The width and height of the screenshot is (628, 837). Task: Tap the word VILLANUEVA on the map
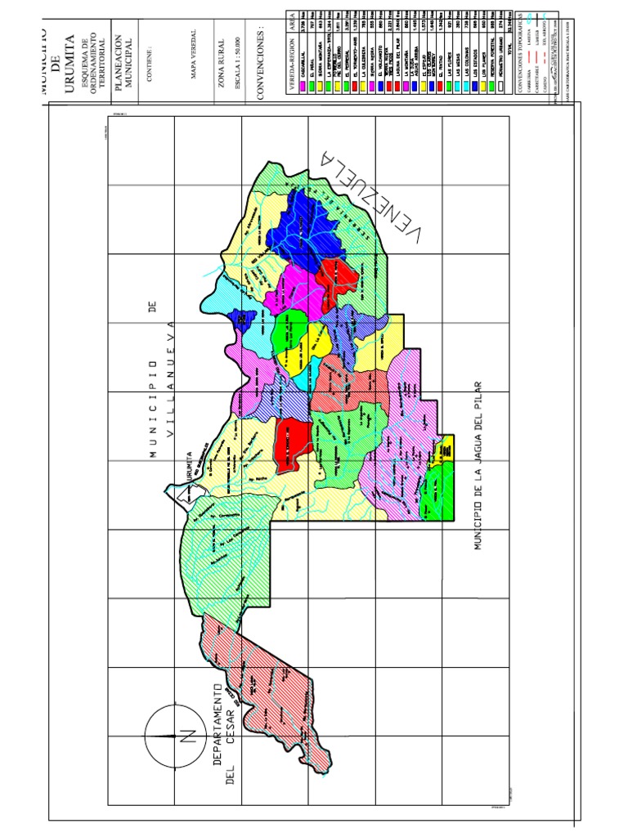point(172,380)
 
